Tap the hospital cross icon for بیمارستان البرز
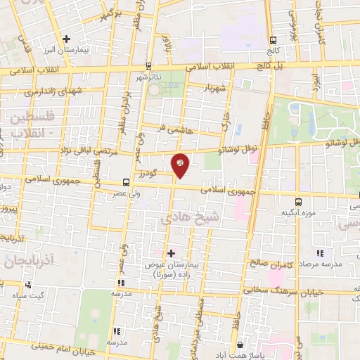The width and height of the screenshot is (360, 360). (x=66, y=39)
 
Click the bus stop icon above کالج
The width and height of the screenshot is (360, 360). (x=273, y=39)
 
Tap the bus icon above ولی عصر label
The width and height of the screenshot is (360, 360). (x=126, y=181)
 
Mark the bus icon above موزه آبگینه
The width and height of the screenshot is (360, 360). (x=299, y=201)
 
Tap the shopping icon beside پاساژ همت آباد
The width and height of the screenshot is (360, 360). (x=240, y=345)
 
